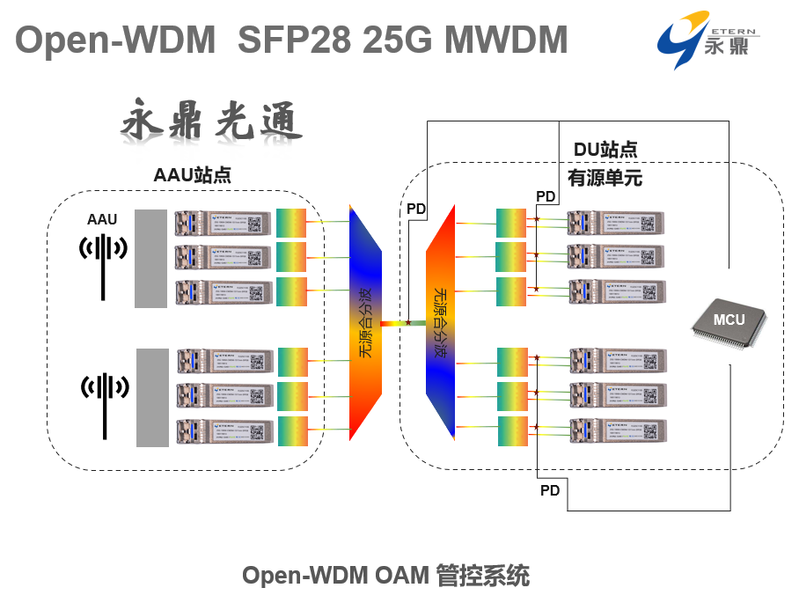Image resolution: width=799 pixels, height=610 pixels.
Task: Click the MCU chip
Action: pos(729,320)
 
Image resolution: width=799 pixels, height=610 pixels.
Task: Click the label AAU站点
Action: pos(192,174)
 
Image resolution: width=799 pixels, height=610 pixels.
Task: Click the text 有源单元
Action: pos(605,179)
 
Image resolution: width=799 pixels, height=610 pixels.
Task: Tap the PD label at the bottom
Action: pos(550,490)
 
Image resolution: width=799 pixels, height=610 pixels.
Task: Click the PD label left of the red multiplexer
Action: pos(415,209)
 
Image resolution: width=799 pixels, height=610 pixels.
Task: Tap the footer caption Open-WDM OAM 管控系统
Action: pos(385,576)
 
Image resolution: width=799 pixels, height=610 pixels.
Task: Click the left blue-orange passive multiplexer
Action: pos(366,323)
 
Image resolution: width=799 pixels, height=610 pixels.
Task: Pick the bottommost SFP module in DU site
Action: pos(617,430)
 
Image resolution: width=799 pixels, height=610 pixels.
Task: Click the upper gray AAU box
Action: pos(150,259)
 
